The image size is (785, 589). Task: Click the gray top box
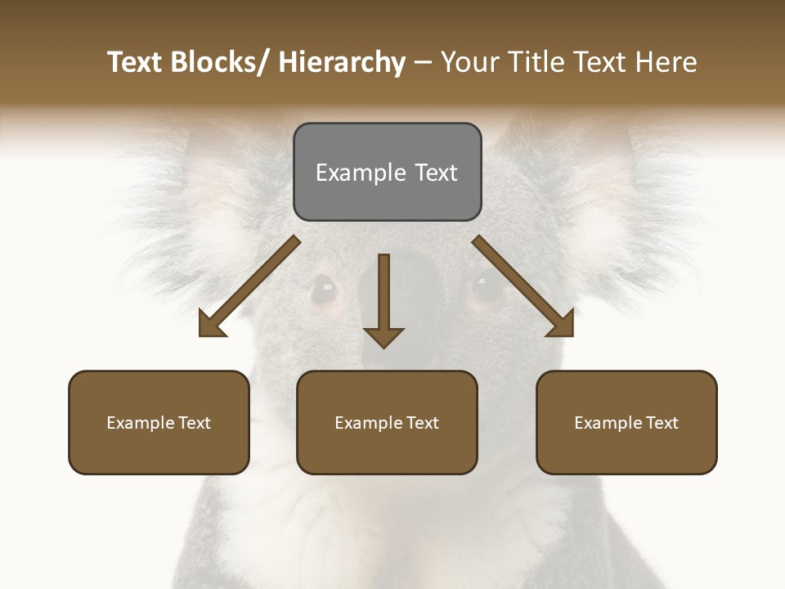pyautogui.click(x=387, y=172)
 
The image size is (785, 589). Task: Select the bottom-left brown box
pyautogui.click(x=159, y=422)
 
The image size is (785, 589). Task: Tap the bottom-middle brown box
pyautogui.click(x=387, y=422)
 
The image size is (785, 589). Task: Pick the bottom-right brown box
pyautogui.click(x=626, y=422)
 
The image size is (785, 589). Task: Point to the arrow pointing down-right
pyautogui.click(x=523, y=286)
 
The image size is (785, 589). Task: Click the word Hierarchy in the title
pyautogui.click(x=342, y=62)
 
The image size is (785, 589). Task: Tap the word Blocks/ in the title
pyautogui.click(x=223, y=62)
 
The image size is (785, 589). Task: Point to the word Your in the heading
pyautogui.click(x=469, y=62)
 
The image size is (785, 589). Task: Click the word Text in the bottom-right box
pyautogui.click(x=662, y=423)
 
